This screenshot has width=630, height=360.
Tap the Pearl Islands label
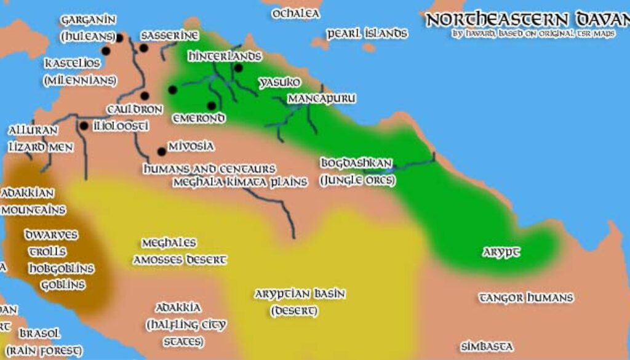[x=367, y=33]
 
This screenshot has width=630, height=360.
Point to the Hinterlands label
[x=225, y=56]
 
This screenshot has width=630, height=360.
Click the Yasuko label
[x=279, y=82]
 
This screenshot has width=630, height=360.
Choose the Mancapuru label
[x=322, y=98]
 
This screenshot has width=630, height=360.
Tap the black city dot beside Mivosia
[x=162, y=151]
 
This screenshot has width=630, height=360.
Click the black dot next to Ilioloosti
[x=83, y=126]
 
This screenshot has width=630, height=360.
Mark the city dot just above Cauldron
[x=145, y=96]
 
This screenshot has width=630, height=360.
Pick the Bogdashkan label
[x=356, y=163]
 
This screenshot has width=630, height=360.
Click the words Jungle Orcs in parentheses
[x=356, y=181]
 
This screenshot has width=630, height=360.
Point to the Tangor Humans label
[x=526, y=298]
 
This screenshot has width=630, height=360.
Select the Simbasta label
[x=487, y=347]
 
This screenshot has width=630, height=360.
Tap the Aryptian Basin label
[x=300, y=294]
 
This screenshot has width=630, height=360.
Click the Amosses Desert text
[x=181, y=260]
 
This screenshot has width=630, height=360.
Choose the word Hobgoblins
[x=61, y=268]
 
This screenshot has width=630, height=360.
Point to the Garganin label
[x=84, y=20]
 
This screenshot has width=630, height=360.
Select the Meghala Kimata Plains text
[x=240, y=182]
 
